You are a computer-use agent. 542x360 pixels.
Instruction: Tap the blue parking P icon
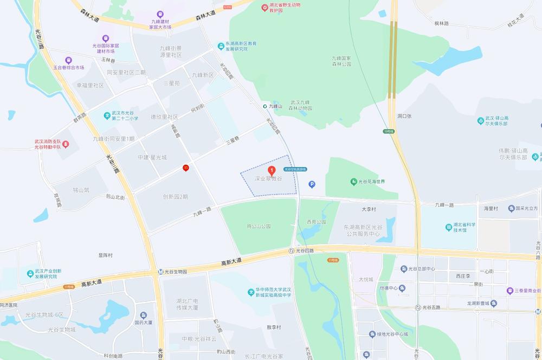(x=312, y=184)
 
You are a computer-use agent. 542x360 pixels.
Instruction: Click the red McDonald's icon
(x=185, y=168)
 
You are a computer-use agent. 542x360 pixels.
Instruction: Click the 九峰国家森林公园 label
(x=341, y=61)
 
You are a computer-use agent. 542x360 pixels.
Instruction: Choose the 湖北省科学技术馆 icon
(x=449, y=227)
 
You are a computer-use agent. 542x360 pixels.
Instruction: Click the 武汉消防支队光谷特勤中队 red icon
(x=65, y=144)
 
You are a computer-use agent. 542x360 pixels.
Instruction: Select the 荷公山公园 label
(x=258, y=226)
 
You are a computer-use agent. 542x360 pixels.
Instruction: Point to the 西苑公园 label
(x=317, y=222)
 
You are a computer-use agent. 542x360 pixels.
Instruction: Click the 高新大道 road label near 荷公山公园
(x=231, y=262)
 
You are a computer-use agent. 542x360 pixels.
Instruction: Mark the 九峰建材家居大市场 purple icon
(x=160, y=14)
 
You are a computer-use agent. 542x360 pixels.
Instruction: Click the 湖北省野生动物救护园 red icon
(x=264, y=8)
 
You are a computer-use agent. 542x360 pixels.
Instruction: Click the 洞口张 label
(x=404, y=116)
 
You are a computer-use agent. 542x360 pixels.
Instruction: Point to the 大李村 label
(x=369, y=208)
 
